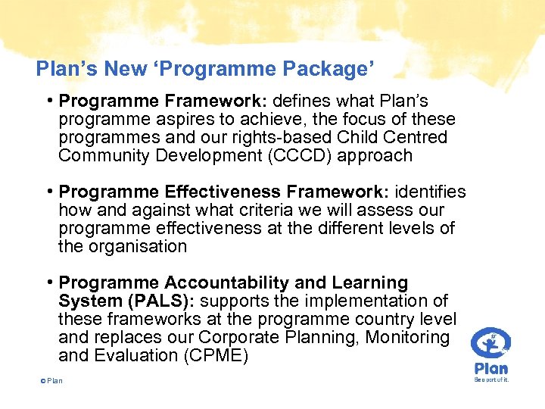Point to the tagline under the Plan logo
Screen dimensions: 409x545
coord(491,379)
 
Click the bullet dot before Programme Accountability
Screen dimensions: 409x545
coord(48,283)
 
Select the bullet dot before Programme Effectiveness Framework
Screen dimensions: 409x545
coord(48,192)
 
